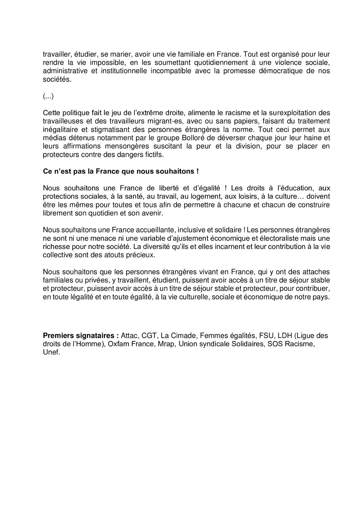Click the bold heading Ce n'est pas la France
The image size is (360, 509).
pyautogui.click(x=121, y=172)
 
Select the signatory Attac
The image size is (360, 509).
pyautogui.click(x=129, y=336)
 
